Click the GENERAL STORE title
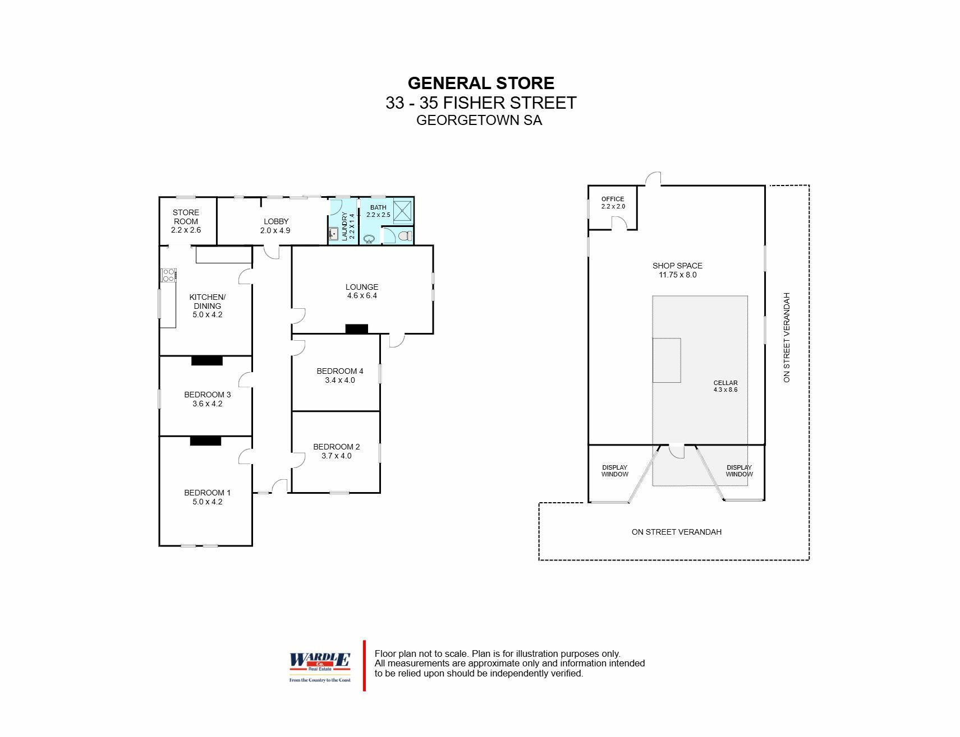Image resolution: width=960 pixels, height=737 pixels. tap(481, 84)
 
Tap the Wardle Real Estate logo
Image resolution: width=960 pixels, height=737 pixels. tap(320, 667)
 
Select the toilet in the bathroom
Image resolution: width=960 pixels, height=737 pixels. tap(405, 236)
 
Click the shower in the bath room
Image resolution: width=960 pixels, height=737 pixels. tap(403, 211)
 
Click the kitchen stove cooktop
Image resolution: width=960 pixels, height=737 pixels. tap(168, 275)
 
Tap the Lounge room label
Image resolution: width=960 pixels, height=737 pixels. tap(362, 287)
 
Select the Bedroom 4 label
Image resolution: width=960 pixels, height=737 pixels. tap(340, 371)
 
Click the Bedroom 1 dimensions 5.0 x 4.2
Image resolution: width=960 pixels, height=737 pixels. tap(208, 502)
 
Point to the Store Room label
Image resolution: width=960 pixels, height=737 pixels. tap(186, 217)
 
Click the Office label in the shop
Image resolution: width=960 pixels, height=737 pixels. tap(613, 199)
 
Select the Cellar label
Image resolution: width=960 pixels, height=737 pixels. tap(725, 383)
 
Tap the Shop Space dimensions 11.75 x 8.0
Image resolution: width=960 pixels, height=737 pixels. tap(678, 275)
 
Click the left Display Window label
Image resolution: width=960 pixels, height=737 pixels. tap(615, 471)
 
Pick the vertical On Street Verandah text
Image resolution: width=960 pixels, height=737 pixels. tap(787, 337)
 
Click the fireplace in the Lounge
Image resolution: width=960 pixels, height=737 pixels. tap(357, 329)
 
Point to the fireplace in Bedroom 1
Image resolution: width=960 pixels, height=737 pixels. tap(205, 441)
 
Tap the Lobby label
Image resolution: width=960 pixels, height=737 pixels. tap(276, 221)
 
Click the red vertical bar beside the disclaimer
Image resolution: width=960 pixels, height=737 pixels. tap(364, 666)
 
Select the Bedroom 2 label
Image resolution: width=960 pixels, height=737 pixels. tap(337, 447)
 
